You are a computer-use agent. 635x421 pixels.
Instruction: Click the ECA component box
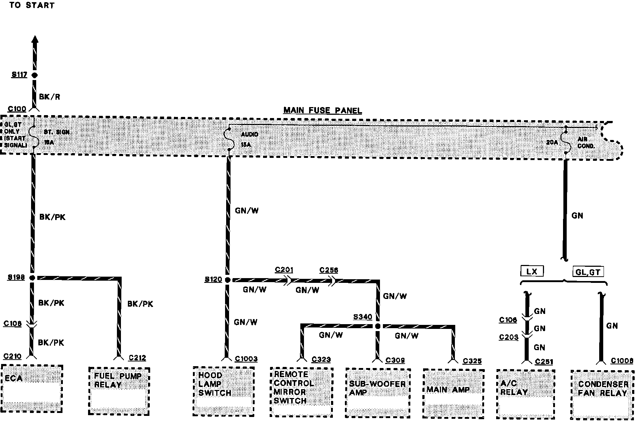32,388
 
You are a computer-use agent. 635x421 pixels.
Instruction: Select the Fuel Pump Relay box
119,391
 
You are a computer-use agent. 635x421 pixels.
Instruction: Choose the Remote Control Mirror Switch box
301,392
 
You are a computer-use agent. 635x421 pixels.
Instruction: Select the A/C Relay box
525,394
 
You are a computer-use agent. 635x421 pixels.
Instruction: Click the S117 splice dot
34,75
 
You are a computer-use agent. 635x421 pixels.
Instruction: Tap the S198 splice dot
32,278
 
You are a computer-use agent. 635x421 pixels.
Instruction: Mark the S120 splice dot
228,280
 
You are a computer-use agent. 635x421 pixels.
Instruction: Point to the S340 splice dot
378,326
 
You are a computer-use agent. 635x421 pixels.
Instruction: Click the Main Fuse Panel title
323,110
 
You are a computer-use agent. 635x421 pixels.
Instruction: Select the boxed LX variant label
532,271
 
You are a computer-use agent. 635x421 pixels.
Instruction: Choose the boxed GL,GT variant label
588,272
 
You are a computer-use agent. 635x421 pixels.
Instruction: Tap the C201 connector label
284,270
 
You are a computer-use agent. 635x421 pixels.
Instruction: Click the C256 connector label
328,270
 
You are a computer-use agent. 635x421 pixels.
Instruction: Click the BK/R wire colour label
49,97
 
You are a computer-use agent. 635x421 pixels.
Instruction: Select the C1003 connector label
246,359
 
